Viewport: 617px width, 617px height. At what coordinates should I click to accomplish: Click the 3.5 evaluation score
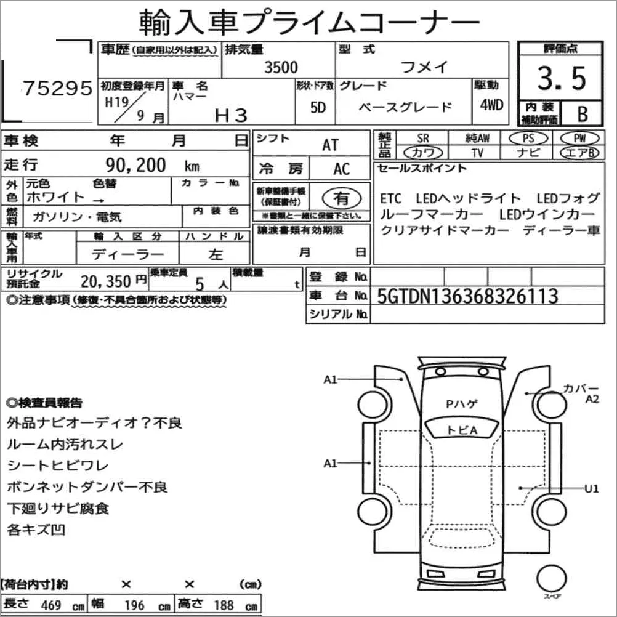(562, 78)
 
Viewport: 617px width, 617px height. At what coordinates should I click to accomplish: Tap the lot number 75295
(58, 88)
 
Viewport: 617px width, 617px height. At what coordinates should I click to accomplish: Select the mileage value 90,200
(135, 165)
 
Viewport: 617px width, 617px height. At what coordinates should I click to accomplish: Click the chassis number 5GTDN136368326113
(467, 296)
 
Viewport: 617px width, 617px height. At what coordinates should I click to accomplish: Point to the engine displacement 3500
(281, 67)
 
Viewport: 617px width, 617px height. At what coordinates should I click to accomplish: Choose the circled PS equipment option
(528, 138)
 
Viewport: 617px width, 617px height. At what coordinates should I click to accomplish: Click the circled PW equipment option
(579, 138)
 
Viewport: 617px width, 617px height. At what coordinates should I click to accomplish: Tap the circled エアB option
(579, 153)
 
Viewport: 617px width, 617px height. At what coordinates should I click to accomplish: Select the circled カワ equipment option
(423, 153)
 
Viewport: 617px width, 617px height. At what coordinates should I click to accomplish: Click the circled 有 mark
(342, 198)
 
